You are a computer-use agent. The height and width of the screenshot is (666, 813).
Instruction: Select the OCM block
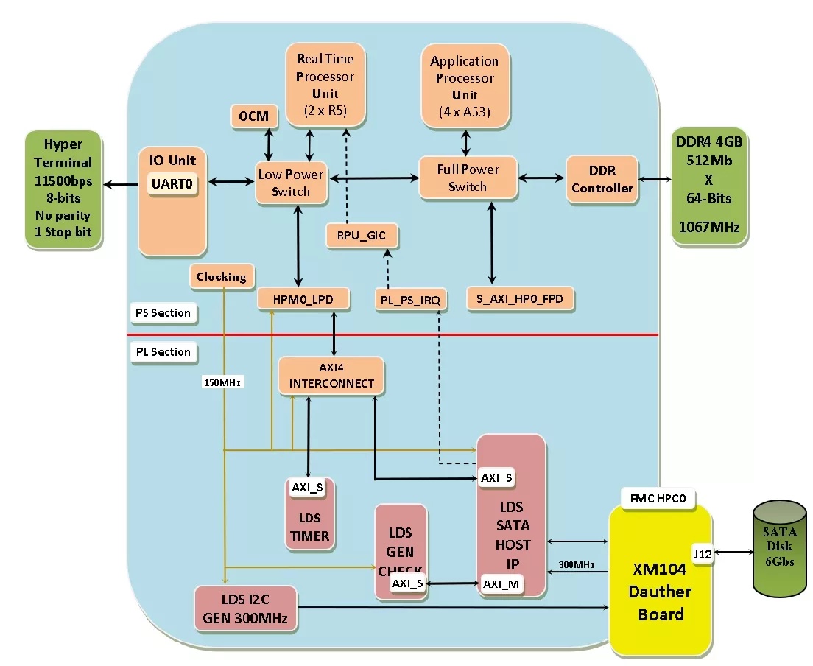pos(254,116)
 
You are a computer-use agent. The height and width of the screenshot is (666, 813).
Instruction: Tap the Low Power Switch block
pos(291,183)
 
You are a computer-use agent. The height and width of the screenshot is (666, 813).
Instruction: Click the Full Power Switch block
pos(468,178)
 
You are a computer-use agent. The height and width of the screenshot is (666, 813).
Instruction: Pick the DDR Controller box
pos(602,179)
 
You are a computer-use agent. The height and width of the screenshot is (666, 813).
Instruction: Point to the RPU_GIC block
pos(362,236)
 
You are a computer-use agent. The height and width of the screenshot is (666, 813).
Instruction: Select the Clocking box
pos(221,276)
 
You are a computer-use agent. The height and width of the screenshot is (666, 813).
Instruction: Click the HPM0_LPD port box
pos(303,299)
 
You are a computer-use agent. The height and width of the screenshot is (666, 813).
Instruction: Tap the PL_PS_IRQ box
pos(410,300)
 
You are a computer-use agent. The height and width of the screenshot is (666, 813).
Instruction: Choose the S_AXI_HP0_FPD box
pos(521,299)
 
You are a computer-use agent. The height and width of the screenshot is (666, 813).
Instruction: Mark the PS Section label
pos(163,313)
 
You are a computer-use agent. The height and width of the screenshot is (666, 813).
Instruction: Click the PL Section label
pos(163,352)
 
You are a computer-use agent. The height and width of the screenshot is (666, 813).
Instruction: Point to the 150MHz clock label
pos(222,382)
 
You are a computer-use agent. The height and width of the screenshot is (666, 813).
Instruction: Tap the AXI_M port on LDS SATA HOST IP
pos(501,583)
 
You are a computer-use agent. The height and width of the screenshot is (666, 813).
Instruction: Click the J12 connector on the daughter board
pos(702,553)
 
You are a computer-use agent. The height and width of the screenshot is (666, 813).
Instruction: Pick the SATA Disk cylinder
pos(779,547)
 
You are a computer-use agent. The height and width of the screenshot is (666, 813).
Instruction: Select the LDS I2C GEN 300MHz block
pos(246,609)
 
